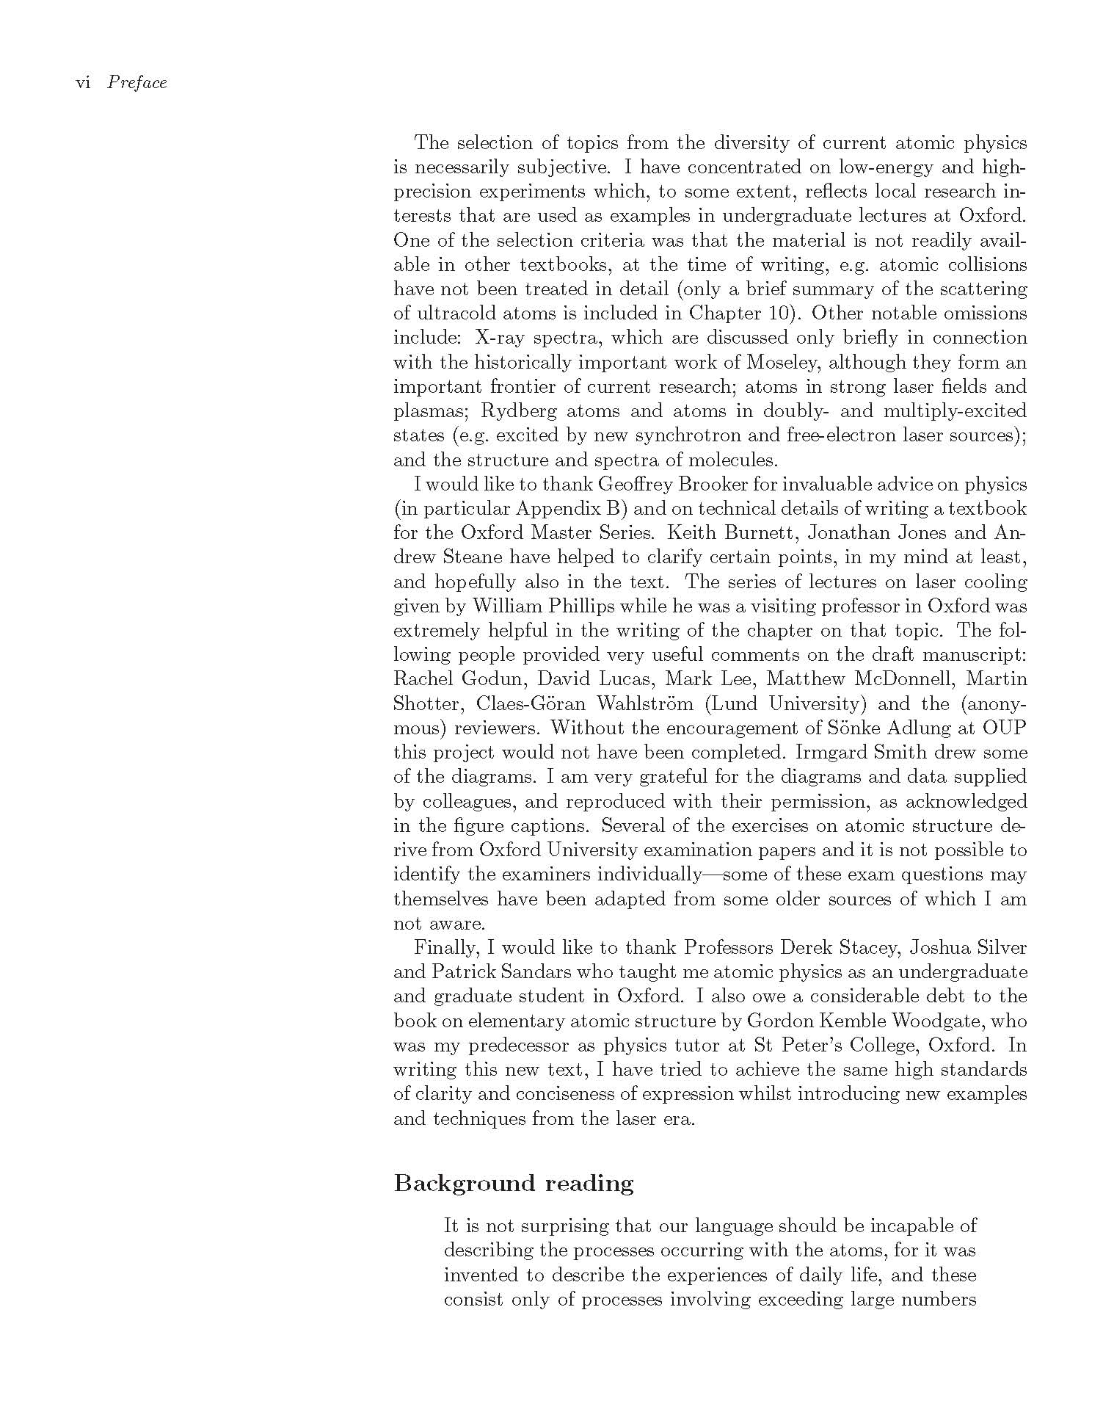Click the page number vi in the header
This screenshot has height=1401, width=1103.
tap(83, 83)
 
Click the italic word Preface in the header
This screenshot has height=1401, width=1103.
tap(137, 83)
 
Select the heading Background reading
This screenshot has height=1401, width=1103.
tap(514, 1184)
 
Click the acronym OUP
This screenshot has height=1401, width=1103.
tap(1005, 728)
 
